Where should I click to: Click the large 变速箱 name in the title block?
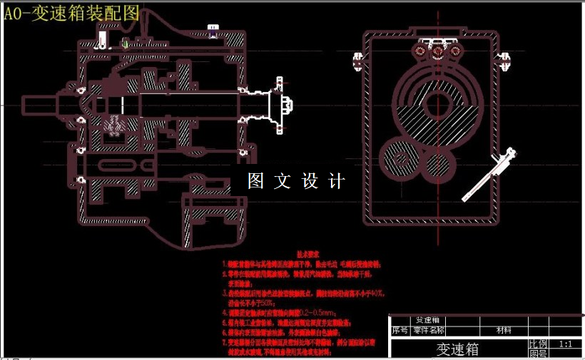tap(457, 349)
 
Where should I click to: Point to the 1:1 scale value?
tap(566, 344)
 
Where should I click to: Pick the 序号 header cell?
tap(400, 330)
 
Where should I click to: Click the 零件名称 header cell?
tap(429, 330)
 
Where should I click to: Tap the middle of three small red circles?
tap(436, 51)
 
